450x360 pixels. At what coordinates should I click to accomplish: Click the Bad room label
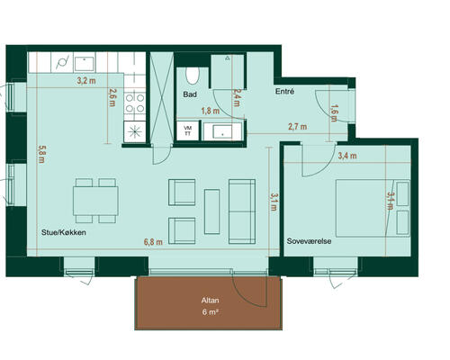pyautogui.click(x=190, y=94)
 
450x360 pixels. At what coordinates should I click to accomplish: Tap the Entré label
pyautogui.click(x=284, y=92)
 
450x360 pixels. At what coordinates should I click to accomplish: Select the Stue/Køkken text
pyautogui.click(x=64, y=232)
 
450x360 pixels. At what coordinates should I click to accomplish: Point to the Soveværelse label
pyautogui.click(x=309, y=241)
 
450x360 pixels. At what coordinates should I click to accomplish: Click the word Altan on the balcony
pyautogui.click(x=210, y=301)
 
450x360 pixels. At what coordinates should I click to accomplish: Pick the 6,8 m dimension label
pyautogui.click(x=153, y=242)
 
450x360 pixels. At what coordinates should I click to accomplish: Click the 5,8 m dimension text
pyautogui.click(x=41, y=154)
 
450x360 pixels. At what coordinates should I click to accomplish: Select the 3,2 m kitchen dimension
pyautogui.click(x=86, y=80)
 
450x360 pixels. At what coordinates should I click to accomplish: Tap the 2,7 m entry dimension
pyautogui.click(x=298, y=127)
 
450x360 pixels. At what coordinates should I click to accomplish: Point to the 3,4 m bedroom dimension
pyautogui.click(x=347, y=156)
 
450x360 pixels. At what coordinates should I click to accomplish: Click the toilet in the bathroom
pyautogui.click(x=193, y=76)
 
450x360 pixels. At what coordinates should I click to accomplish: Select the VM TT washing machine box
pyautogui.click(x=188, y=130)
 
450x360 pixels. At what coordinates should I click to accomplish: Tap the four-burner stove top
pyautogui.click(x=135, y=103)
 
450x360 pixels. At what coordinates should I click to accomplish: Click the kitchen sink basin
pyautogui.click(x=85, y=63)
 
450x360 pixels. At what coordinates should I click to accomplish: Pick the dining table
pyautogui.click(x=95, y=201)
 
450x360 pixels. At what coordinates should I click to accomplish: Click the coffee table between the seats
pyautogui.click(x=212, y=211)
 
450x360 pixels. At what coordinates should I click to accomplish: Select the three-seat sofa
pyautogui.click(x=242, y=211)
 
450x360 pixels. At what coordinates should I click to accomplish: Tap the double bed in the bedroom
pyautogui.click(x=373, y=208)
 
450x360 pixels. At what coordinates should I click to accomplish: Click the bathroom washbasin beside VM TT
pyautogui.click(x=222, y=131)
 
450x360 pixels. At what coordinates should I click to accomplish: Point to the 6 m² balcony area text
pyautogui.click(x=210, y=312)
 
